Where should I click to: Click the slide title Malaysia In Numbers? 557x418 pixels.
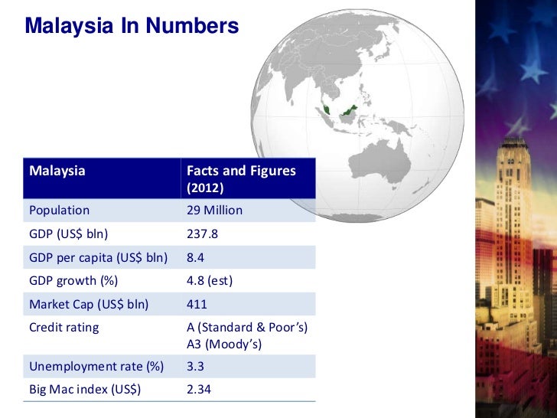pyautogui.click(x=132, y=27)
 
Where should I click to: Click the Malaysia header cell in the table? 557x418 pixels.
pyautogui.click(x=57, y=171)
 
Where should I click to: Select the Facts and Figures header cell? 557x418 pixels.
pyautogui.click(x=240, y=171)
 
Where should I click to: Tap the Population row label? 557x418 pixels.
pyautogui.click(x=59, y=210)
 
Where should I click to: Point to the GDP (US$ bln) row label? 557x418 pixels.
pyautogui.click(x=68, y=234)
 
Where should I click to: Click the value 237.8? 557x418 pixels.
pyautogui.click(x=202, y=234)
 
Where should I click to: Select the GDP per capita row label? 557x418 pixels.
pyautogui.click(x=98, y=257)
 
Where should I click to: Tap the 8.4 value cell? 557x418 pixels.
pyautogui.click(x=195, y=257)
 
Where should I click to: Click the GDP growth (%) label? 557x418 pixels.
pyautogui.click(x=73, y=280)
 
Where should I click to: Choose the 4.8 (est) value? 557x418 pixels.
pyautogui.click(x=209, y=280)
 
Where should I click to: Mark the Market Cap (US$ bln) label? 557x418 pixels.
pyautogui.click(x=88, y=304)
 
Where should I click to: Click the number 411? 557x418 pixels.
pyautogui.click(x=197, y=304)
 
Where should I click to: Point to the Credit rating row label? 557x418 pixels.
pyautogui.click(x=64, y=327)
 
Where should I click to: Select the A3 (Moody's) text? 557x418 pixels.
pyautogui.click(x=224, y=345)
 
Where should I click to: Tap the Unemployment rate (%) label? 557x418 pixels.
pyautogui.click(x=96, y=367)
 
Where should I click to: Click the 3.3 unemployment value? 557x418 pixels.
pyautogui.click(x=195, y=367)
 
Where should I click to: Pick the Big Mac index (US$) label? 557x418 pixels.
pyautogui.click(x=85, y=390)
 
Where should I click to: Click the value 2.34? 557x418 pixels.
pyautogui.click(x=199, y=390)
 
